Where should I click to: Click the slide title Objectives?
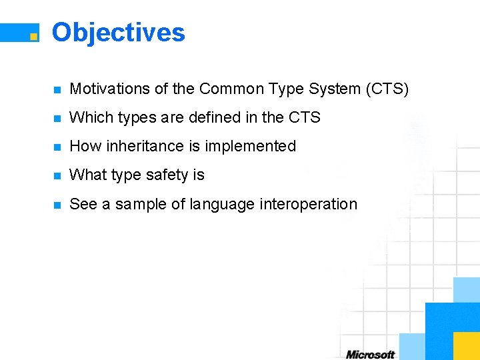[118, 32]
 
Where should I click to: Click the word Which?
[87, 117]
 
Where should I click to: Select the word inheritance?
[149, 146]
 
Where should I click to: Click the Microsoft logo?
[370, 354]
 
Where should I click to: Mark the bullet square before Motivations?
[58, 89]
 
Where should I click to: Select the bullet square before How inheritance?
[58, 147]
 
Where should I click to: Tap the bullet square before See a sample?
[58, 205]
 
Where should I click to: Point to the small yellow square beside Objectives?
[33, 37]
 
